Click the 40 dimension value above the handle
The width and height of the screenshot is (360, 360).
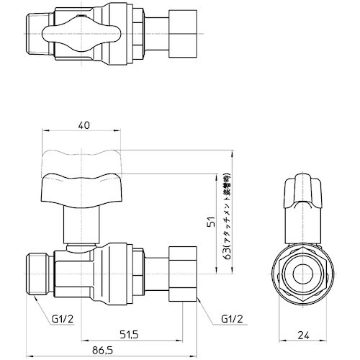point(84,125)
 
